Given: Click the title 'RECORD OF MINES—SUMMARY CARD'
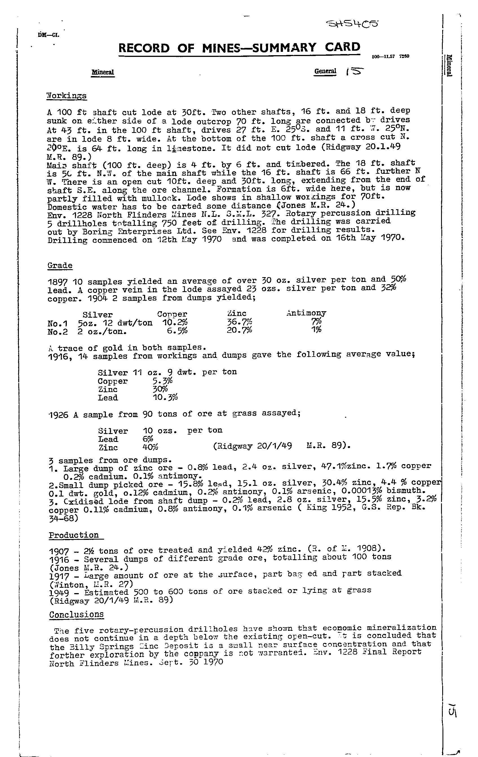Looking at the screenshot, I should coord(239,48).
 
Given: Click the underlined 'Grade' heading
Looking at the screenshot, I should coord(60,265).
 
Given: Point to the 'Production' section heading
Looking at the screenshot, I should coord(74,535).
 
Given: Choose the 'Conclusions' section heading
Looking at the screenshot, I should coord(76,614).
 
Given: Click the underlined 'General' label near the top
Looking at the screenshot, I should coord(325,71).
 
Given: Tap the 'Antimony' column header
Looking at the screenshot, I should coord(306,313).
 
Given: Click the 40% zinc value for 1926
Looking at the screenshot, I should coord(151,447).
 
